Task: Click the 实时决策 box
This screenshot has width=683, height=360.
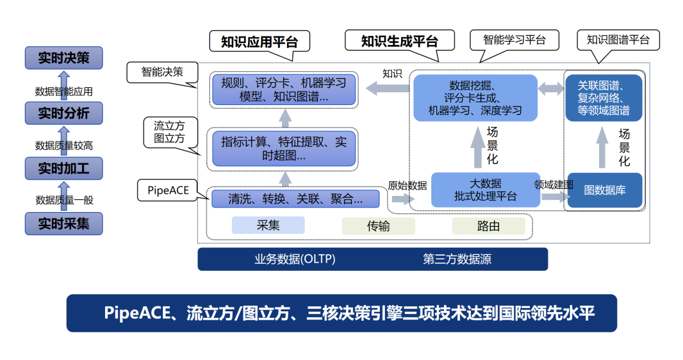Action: click(63, 58)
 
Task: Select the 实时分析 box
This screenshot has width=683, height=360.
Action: click(63, 113)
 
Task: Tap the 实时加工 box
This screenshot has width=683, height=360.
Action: click(63, 169)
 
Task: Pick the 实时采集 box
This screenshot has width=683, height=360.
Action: click(63, 224)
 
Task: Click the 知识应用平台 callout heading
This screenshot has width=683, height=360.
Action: click(259, 42)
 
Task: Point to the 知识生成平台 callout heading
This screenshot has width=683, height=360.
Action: click(399, 42)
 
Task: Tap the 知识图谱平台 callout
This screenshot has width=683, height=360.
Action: click(618, 40)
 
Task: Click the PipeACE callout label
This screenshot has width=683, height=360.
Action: click(168, 190)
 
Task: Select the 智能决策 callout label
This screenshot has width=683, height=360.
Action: click(162, 71)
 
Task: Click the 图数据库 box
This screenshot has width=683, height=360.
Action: click(604, 190)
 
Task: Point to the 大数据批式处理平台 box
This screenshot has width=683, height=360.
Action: click(485, 190)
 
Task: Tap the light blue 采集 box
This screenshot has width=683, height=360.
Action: click(268, 225)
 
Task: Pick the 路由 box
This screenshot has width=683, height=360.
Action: click(488, 225)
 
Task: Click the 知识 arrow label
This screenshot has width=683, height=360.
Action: click(392, 74)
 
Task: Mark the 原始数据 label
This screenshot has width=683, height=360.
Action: click(407, 186)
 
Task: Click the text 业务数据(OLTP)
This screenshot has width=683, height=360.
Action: click(295, 259)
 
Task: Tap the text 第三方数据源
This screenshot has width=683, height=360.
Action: click(457, 259)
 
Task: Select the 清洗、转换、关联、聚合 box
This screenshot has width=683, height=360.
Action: click(295, 199)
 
